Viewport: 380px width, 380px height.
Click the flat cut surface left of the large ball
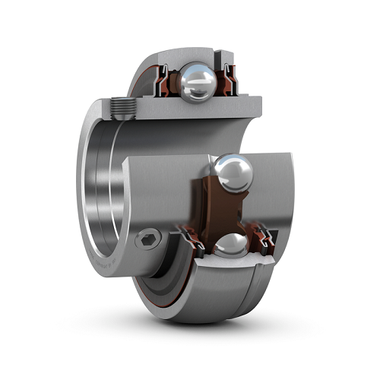coord(163,182)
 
